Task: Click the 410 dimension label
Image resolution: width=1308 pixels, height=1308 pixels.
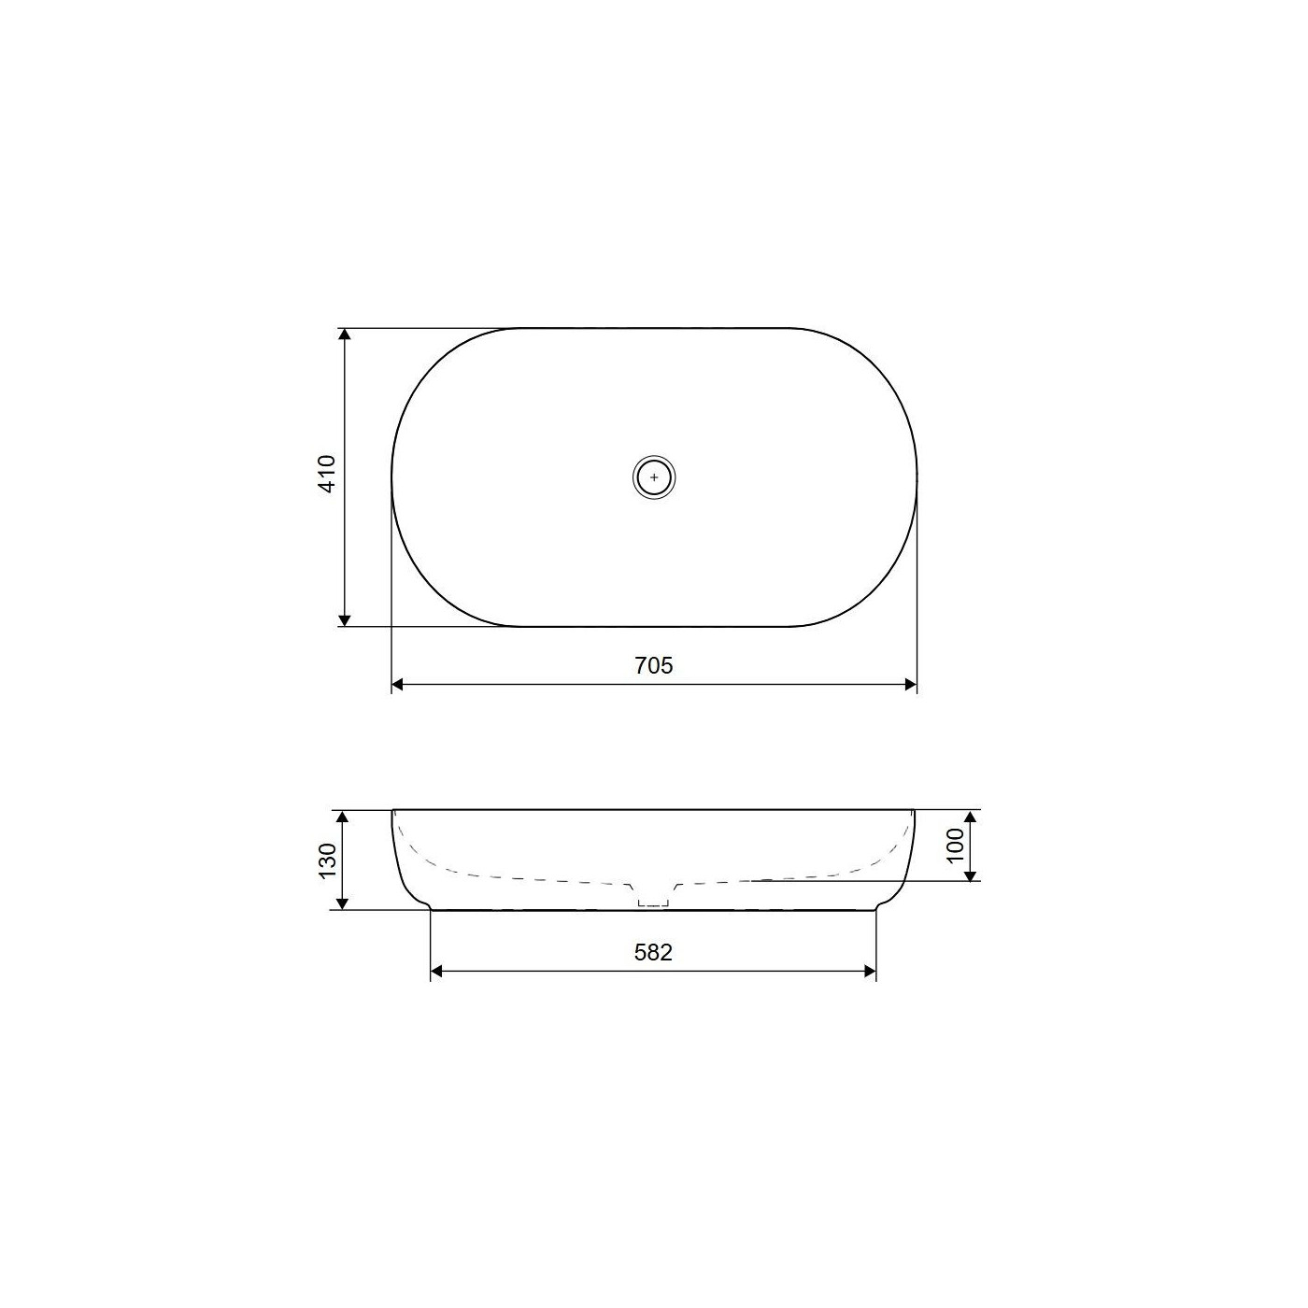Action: click(327, 474)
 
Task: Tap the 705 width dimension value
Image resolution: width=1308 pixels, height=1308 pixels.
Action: click(654, 666)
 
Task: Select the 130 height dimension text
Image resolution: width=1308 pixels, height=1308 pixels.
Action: click(328, 860)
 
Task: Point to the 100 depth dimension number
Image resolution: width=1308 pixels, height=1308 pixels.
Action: click(955, 846)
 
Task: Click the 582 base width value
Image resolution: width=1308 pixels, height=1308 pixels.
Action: click(653, 953)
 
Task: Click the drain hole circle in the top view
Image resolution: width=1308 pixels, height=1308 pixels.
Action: click(654, 477)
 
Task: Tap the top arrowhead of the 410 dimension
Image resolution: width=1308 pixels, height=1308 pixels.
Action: click(344, 334)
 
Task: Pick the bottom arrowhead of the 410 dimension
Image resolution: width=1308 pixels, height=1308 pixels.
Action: click(344, 619)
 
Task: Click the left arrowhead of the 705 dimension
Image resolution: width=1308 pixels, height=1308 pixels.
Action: click(398, 684)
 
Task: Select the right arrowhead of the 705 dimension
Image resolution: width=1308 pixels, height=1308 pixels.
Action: click(910, 684)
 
